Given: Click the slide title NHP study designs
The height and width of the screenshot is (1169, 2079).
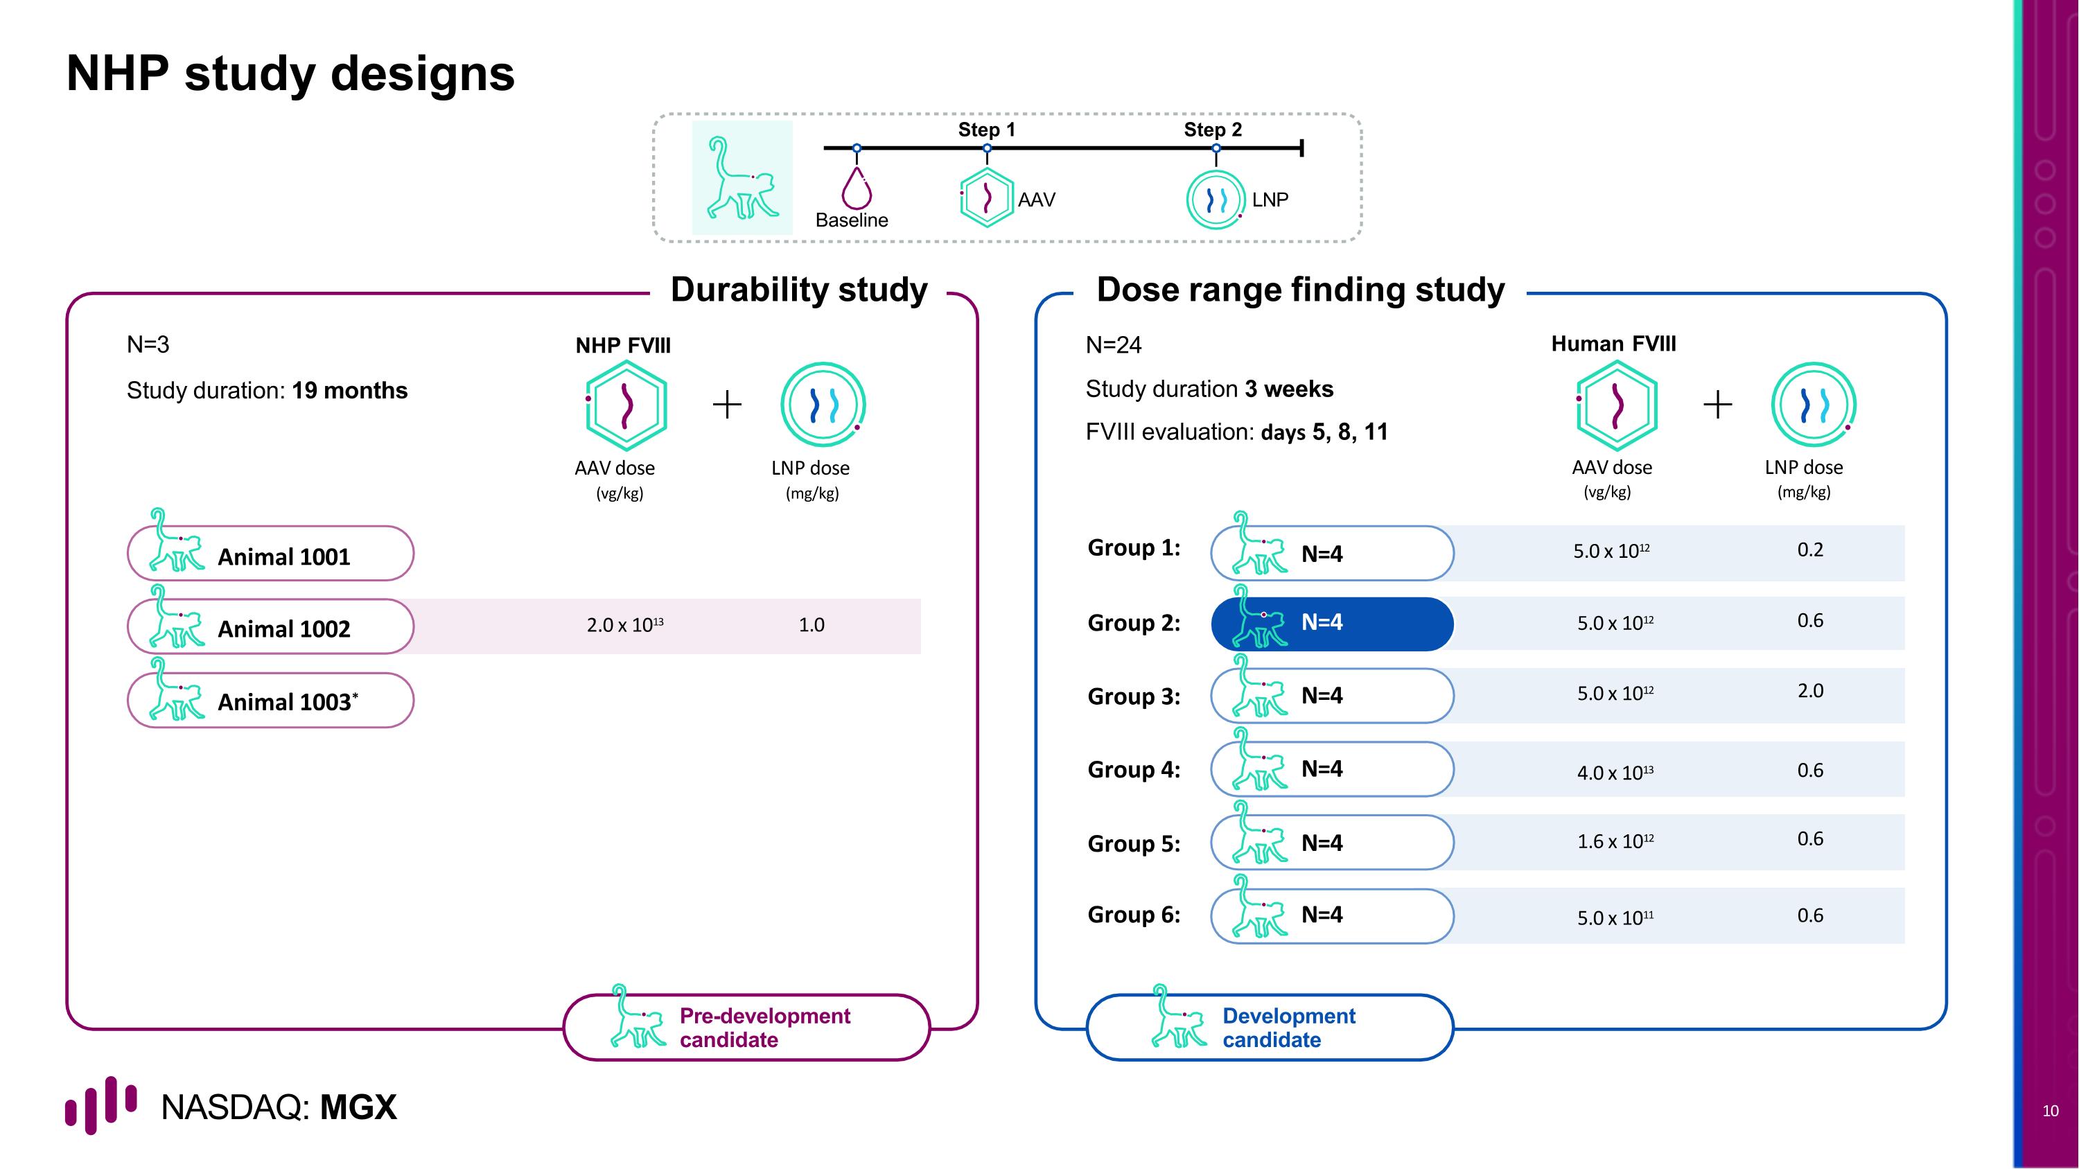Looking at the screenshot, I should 290,73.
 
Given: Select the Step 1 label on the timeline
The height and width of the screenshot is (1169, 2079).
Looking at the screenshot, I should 986,130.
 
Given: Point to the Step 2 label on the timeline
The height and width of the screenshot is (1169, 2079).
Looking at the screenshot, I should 1212,130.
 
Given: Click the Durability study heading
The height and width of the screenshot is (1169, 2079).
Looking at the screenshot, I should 798,290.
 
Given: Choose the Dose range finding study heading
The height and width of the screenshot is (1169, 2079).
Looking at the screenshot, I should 1299,290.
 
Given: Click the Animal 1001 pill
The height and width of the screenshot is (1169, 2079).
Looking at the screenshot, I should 270,554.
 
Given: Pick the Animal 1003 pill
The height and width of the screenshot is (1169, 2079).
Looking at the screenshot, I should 270,701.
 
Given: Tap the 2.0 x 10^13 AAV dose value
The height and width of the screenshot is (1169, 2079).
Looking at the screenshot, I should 624,625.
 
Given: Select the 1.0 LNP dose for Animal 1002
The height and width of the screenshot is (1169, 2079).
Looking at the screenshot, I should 811,625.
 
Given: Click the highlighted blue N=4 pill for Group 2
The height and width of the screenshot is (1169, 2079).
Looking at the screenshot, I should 1332,624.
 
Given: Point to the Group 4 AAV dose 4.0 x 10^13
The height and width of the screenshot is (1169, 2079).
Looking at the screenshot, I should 1615,772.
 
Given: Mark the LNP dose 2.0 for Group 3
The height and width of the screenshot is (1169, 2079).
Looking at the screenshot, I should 1809,692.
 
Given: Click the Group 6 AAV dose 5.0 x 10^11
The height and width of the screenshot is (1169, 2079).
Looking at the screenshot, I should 1615,917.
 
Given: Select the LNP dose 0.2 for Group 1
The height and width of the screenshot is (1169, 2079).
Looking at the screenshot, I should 1809,550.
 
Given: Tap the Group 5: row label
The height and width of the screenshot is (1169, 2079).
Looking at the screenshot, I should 1133,844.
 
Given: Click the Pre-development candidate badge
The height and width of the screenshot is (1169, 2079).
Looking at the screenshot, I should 746,1027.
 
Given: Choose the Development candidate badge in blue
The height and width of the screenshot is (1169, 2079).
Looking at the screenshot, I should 1270,1027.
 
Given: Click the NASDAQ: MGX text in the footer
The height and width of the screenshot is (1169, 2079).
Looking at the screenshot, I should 279,1107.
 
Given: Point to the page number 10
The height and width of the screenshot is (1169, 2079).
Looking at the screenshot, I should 2050,1111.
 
